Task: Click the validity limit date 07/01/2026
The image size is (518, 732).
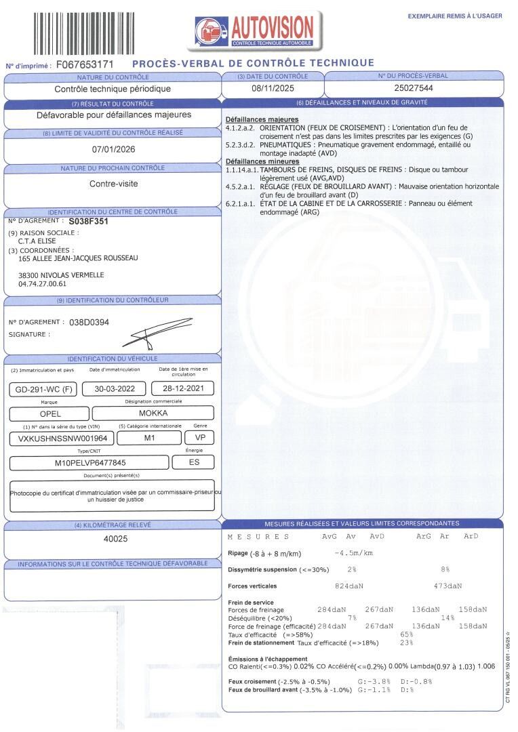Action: (x=113, y=150)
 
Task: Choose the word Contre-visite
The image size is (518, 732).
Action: (x=113, y=183)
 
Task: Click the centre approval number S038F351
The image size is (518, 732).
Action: (x=89, y=221)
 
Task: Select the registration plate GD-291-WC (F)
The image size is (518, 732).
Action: (x=43, y=389)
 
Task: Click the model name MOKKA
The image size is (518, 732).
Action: (x=153, y=413)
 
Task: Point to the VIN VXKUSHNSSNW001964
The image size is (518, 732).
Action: (x=58, y=438)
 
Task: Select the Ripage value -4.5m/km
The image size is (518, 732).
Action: (x=354, y=553)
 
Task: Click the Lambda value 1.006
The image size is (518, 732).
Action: (x=487, y=666)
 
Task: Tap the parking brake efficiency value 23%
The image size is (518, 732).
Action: (x=407, y=643)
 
